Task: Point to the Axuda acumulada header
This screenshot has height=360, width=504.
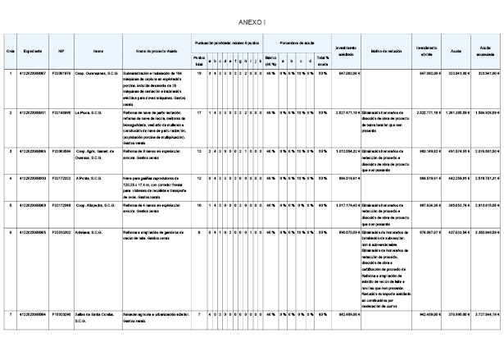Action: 484,50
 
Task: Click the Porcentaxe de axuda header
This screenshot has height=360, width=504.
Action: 296,42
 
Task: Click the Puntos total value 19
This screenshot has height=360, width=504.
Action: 199,74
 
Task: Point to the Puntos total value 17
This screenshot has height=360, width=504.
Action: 199,112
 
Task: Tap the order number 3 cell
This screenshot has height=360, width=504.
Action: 9,152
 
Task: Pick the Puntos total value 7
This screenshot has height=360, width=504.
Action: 199,315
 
